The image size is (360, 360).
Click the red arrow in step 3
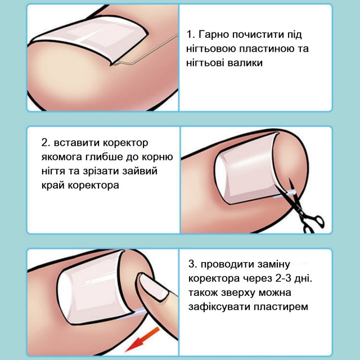click(x=143, y=339)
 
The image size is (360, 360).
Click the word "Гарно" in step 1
click(x=214, y=34)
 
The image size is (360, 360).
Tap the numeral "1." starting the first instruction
click(x=191, y=34)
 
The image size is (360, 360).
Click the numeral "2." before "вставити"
click(x=46, y=143)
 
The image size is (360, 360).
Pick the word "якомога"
click(x=61, y=157)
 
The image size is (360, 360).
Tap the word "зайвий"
click(x=139, y=171)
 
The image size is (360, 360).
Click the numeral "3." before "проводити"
click(x=193, y=264)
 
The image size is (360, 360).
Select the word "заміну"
click(x=273, y=264)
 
